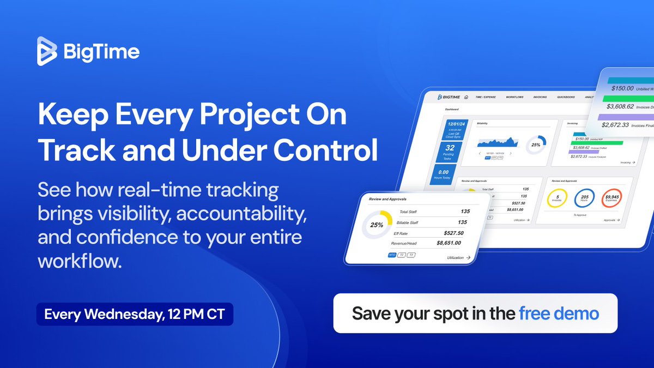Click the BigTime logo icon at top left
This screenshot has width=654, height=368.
coord(47,52)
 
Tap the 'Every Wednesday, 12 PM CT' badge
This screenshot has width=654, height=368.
coord(135,315)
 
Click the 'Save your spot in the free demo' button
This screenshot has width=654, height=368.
coord(475,313)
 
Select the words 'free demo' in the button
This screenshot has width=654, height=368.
coord(559,313)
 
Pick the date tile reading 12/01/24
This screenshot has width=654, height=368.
coord(452,129)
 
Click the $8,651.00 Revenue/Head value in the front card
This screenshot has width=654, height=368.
coord(449,243)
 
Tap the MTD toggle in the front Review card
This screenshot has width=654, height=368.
coord(392,255)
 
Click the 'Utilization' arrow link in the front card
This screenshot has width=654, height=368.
coord(458,257)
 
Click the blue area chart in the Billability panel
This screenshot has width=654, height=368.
coord(496,142)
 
